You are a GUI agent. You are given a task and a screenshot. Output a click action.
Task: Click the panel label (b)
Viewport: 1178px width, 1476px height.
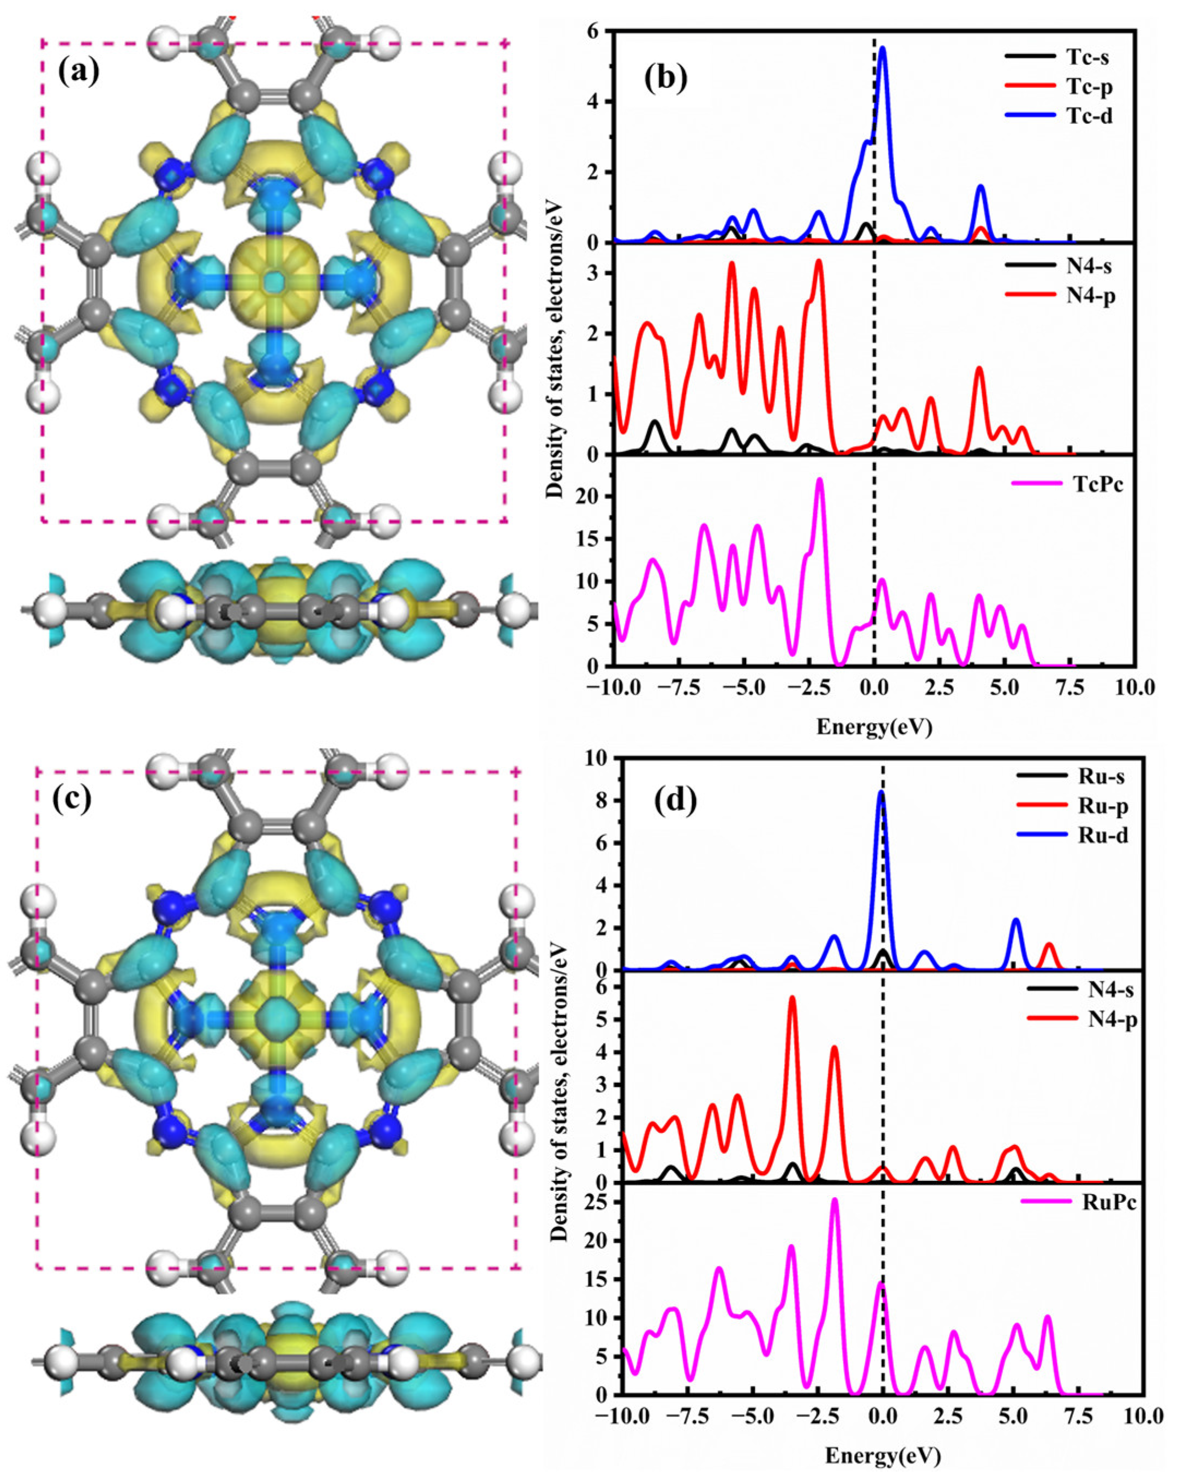665,77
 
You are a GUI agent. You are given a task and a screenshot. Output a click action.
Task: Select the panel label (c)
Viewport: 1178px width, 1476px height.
72,799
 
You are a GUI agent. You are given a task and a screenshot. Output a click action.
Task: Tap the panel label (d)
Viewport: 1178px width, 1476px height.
675,800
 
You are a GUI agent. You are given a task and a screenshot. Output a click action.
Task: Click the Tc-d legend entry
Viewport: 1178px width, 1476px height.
1089,116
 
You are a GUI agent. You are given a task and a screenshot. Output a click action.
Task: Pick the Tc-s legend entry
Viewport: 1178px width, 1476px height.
1087,57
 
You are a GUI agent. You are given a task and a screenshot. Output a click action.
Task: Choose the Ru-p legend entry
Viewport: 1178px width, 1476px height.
1103,807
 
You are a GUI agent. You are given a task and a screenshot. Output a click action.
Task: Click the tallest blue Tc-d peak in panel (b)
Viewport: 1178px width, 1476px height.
883,48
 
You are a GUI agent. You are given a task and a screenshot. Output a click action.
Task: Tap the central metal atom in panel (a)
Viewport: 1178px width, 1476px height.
274,280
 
